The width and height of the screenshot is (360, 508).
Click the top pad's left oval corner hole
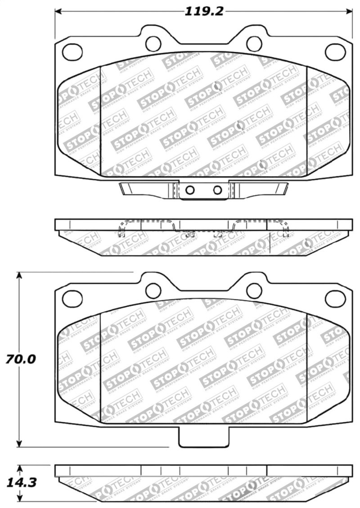[72, 52]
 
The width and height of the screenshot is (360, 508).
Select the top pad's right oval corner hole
[335, 52]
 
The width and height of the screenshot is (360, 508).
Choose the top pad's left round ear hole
[153, 43]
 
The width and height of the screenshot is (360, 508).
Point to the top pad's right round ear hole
[254, 43]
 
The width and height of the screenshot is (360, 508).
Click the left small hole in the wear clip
[190, 190]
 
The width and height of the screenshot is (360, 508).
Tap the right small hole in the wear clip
[217, 190]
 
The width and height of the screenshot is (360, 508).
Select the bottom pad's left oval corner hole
[72, 298]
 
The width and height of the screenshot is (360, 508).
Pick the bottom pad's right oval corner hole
[335, 298]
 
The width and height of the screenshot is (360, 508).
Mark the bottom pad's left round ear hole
[153, 290]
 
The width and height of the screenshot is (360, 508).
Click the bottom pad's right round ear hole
[254, 290]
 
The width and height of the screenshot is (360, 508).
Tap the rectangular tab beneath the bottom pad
[204, 436]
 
